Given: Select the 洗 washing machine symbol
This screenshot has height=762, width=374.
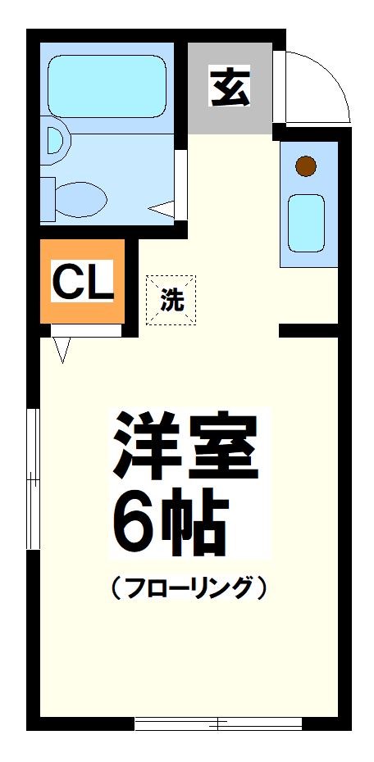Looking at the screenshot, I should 171,300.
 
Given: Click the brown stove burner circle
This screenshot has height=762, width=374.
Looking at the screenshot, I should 306,166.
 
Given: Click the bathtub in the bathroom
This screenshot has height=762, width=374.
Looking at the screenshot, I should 107,86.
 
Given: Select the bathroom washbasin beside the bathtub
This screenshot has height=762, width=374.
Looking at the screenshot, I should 56,138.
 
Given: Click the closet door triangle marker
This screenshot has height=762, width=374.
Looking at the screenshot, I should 62,351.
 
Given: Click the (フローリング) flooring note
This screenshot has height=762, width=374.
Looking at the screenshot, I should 188,587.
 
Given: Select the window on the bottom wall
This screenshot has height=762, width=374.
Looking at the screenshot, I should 218,723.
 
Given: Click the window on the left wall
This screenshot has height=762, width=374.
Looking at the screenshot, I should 32,479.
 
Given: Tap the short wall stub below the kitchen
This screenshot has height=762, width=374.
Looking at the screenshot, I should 308,330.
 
